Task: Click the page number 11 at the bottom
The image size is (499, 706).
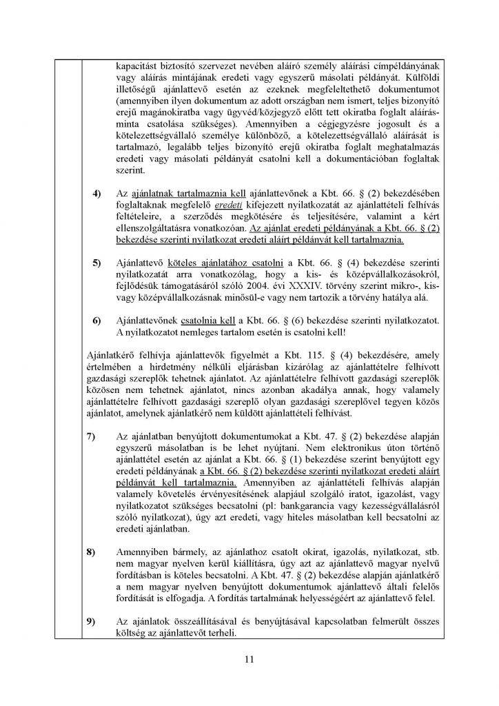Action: tap(250, 660)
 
